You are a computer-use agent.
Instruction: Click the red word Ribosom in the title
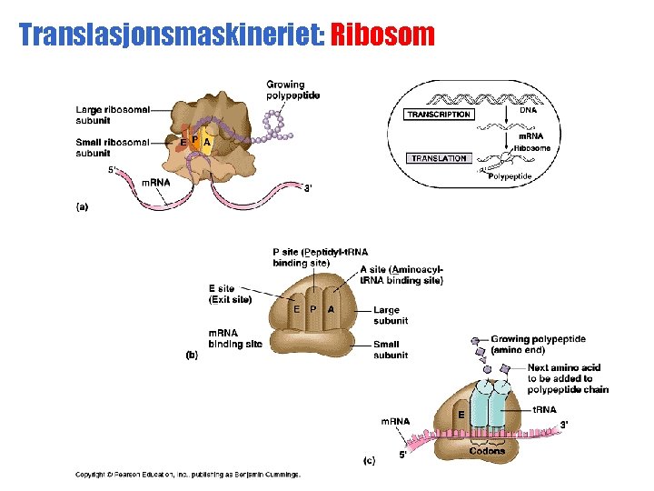(382, 35)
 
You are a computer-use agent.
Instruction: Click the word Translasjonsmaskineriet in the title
(172, 35)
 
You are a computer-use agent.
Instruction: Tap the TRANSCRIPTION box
(439, 115)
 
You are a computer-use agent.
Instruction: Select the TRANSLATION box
(439, 158)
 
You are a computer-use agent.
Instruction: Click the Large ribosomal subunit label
(114, 115)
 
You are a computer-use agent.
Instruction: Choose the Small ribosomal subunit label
(114, 146)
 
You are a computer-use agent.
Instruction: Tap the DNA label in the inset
(528, 109)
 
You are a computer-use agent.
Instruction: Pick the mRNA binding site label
(235, 338)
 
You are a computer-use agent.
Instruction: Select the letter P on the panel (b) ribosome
(313, 309)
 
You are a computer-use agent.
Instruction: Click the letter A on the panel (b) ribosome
(331, 309)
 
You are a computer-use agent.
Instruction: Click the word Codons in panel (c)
(488, 451)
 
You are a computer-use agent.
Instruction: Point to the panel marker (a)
(82, 206)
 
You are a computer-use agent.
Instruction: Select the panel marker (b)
(192, 356)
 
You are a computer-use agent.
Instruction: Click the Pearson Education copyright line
(187, 474)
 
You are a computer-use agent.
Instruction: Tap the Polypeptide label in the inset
(510, 176)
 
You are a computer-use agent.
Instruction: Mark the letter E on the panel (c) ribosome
(461, 415)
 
